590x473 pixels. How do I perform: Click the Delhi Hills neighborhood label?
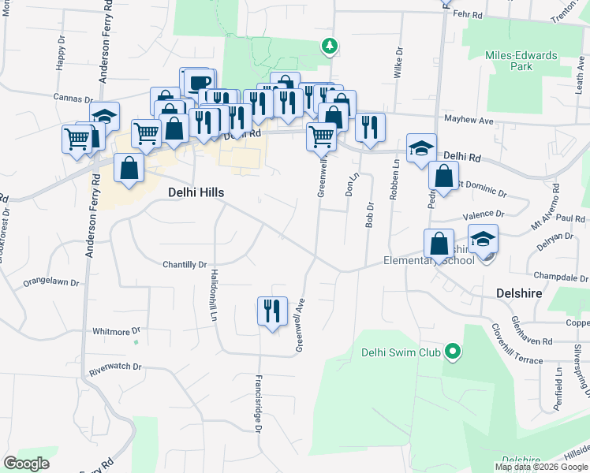point(196,192)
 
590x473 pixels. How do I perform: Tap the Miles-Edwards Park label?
point(521,61)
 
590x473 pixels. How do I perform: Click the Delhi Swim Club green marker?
point(452,351)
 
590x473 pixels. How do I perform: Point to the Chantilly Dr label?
point(185,265)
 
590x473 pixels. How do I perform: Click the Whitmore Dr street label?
point(116,332)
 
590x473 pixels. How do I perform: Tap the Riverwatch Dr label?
point(115,367)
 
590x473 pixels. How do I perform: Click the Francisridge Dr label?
point(257,403)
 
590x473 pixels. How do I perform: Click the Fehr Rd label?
point(468,13)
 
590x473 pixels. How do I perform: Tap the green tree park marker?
point(330,47)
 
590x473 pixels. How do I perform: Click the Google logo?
point(27,464)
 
